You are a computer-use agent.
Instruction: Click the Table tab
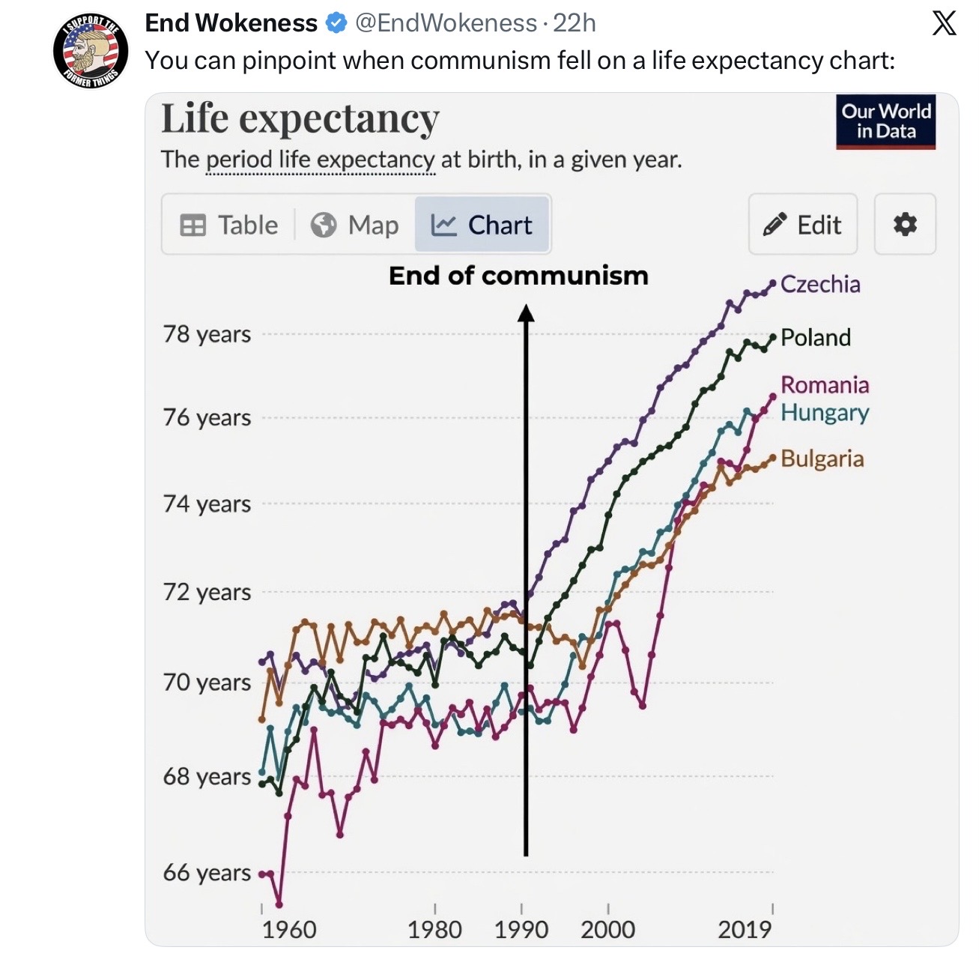pos(229,225)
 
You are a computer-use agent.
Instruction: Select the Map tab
pos(355,225)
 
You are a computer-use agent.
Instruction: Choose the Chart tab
pos(482,225)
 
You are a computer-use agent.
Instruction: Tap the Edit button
pos(803,225)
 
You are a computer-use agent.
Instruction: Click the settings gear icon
pos(905,224)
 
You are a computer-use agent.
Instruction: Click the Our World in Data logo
pos(886,121)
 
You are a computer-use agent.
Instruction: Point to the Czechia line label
pos(820,285)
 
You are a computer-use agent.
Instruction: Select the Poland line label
pos(816,338)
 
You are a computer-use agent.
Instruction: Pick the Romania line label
pos(825,385)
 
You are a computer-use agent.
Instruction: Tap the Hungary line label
pos(825,413)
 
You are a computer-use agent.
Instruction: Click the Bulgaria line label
pos(822,459)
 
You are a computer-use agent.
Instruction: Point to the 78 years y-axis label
pos(207,334)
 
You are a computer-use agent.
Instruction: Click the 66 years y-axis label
pos(207,873)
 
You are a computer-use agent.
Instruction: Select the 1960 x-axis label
pos(288,930)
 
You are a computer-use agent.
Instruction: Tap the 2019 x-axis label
pos(745,930)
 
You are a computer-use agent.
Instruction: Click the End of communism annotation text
pos(518,276)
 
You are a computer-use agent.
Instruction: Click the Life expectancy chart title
pos(300,119)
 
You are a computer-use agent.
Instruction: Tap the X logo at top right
pos(944,23)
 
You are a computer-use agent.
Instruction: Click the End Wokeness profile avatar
pos(91,49)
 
